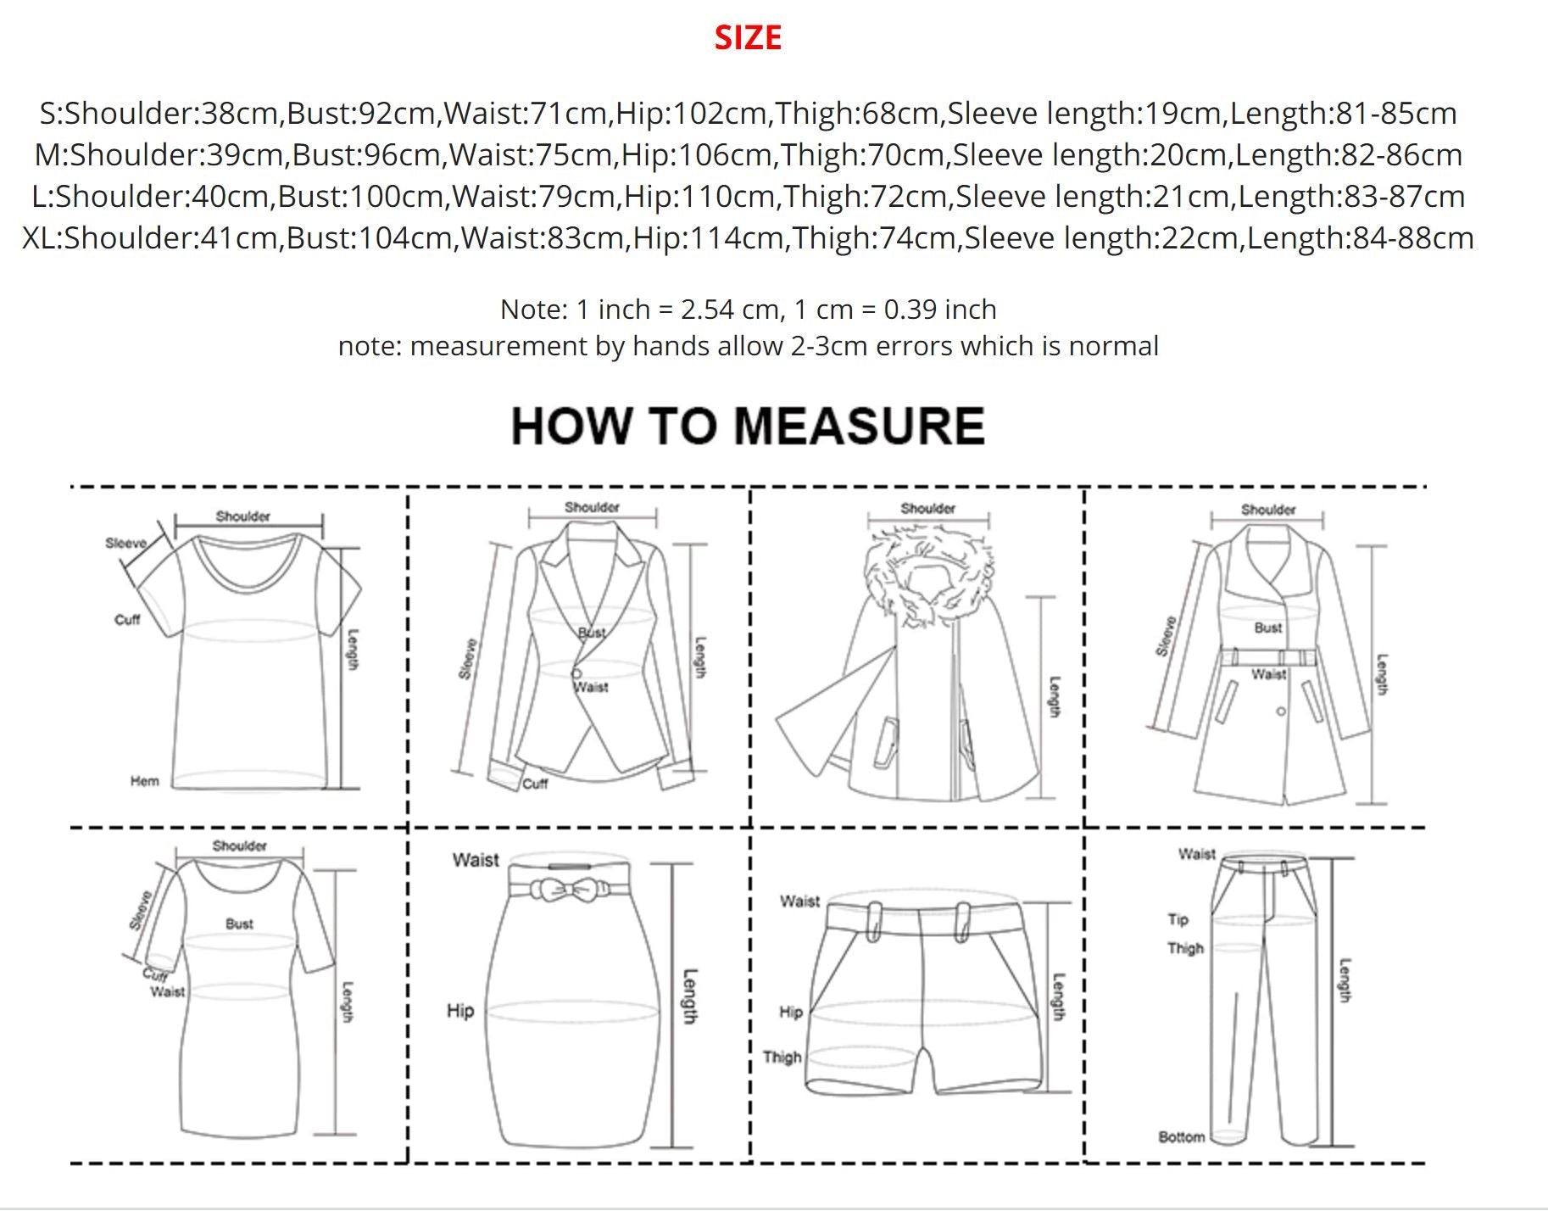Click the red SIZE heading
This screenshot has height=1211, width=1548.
coord(748,37)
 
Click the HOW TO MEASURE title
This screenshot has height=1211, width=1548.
coord(748,426)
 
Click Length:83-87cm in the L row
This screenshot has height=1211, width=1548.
coord(1352,197)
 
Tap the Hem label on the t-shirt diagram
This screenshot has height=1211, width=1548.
coord(144,781)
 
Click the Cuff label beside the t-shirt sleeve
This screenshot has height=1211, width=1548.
coord(127,620)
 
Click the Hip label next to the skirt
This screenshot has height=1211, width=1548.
coord(460,1011)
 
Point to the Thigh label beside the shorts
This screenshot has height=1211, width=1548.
coord(782,1058)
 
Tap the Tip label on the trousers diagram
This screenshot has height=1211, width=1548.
coord(1178,919)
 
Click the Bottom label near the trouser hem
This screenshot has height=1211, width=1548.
coord(1182,1136)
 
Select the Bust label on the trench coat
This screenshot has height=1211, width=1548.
coord(1268,628)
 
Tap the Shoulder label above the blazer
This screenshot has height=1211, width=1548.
coord(592,507)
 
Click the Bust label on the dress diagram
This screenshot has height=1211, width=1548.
coord(239,924)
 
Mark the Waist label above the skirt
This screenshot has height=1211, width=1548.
coord(476,860)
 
